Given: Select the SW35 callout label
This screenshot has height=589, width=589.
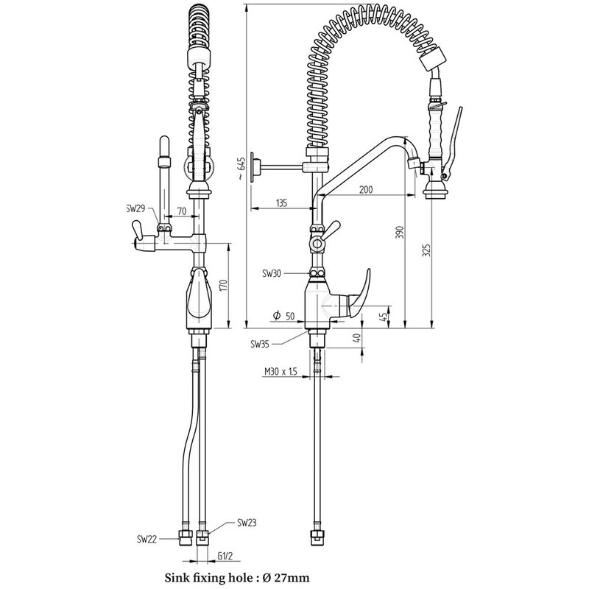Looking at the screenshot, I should click(260, 343).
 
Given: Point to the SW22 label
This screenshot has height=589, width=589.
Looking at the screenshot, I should click(147, 539).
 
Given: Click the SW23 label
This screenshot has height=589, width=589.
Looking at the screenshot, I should click(246, 523).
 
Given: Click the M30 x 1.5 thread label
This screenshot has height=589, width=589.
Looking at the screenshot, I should click(281, 373).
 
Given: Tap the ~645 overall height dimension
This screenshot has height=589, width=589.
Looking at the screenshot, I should click(240, 171).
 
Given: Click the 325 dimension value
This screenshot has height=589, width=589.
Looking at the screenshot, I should click(426, 252).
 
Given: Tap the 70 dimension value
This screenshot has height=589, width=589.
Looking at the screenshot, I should click(181, 210).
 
